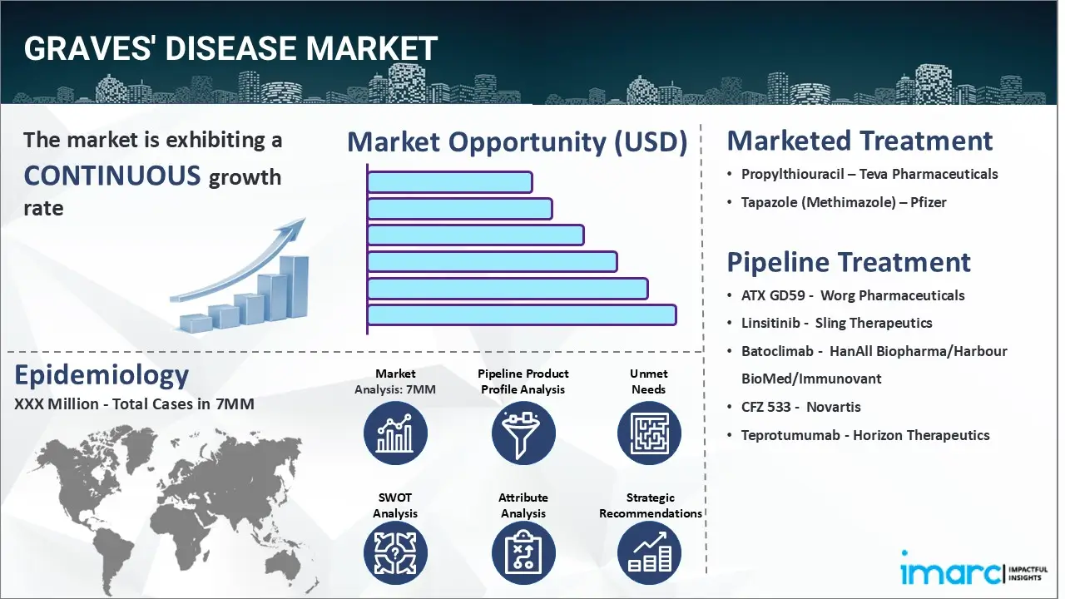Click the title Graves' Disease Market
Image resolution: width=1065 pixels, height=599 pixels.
[230, 49]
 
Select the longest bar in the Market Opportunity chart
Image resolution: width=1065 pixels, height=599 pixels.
[522, 315]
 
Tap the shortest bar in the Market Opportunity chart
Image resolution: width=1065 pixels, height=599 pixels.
[449, 182]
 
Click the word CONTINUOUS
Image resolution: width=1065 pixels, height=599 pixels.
[112, 176]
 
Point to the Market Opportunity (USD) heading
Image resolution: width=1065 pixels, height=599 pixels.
[517, 142]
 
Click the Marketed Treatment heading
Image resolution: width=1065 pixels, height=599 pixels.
[859, 141]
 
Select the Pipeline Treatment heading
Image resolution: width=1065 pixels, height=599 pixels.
[849, 262]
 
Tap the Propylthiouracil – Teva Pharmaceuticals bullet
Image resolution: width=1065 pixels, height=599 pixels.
[869, 174]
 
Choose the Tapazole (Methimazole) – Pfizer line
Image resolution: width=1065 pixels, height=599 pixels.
[844, 202]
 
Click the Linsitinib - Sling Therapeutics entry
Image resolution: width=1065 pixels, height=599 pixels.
[836, 323]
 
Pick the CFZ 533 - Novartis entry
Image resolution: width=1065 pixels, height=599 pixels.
[800, 407]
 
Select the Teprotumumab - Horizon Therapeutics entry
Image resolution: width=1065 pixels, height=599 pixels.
[865, 435]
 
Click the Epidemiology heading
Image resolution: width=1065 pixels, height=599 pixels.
[102, 375]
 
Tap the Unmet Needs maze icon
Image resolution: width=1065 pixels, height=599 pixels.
[649, 433]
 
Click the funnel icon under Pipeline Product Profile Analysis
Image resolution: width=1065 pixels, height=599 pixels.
[523, 433]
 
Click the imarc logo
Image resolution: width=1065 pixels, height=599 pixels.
[952, 572]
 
